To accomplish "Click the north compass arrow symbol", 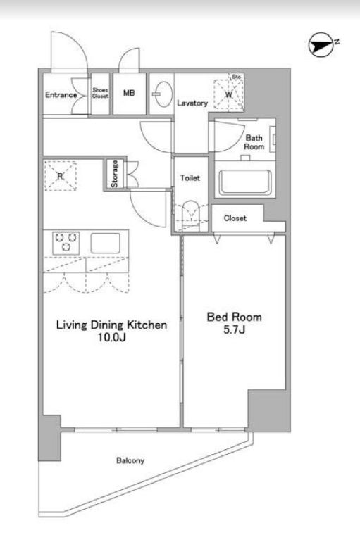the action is point(321,46).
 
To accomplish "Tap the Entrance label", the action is point(61,95).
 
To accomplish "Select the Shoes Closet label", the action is point(101,93).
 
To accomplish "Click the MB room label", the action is point(129,93).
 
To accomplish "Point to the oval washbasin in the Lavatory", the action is point(162,94).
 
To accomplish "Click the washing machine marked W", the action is point(229,94).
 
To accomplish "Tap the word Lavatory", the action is point(192,103).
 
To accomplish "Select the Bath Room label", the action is point(254,142).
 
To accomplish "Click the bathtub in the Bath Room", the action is point(245,182).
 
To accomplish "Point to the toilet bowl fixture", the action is point(190,214).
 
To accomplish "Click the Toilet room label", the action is point(190,177).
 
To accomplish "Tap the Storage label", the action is point(114,174).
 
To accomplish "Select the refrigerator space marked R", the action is point(60,176).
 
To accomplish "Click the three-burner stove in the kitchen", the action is point(66,243).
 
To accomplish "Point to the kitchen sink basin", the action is point(106,243).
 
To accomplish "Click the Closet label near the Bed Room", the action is point(235,218).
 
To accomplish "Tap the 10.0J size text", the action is point(112,338).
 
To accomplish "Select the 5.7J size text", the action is point(234,329).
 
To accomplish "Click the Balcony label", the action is point(130,460).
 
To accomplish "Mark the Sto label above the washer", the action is point(237,77).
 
